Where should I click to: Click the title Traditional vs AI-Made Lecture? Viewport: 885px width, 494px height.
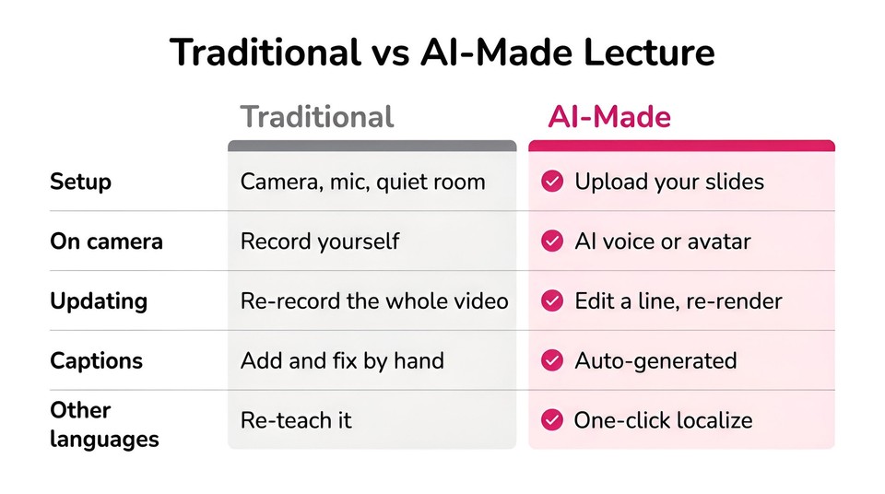pos(442,53)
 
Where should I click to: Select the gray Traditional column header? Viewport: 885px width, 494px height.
pos(316,117)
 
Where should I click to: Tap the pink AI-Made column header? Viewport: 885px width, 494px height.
pos(609,117)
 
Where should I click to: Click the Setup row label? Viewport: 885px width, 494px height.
pos(81,182)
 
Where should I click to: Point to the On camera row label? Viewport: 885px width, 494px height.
pos(106,241)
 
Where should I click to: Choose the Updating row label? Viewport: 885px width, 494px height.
pos(99,301)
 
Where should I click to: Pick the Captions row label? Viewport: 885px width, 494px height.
pos(97,360)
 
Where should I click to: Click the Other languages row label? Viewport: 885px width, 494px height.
pos(104,425)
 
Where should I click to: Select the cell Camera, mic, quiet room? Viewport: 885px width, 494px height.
pos(363,182)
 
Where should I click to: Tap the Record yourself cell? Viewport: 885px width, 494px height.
pos(320,241)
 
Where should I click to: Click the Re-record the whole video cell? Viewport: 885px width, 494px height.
pos(375,301)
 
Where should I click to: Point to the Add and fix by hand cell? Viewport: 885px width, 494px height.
pos(343,360)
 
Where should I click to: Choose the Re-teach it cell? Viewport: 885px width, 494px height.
pos(296,420)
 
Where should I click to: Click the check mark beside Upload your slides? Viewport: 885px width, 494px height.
pos(552,182)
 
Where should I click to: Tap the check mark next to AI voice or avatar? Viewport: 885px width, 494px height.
pos(552,241)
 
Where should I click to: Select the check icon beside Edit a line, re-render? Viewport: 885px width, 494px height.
pos(552,301)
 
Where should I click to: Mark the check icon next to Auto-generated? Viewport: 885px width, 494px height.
pos(552,360)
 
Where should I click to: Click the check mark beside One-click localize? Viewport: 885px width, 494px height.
pos(552,420)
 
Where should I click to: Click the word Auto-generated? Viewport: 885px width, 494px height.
pos(655,360)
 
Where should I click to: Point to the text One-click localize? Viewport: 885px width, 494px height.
pos(663,420)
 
